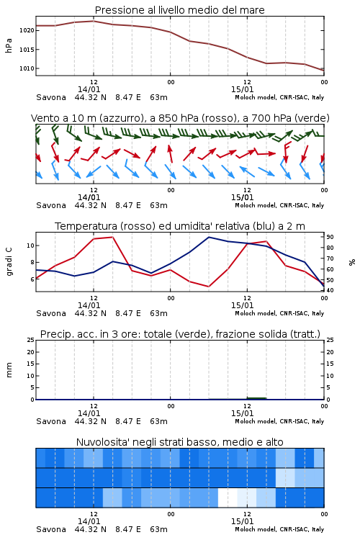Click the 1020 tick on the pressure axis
pos(27,31)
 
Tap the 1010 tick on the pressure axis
pos(27,68)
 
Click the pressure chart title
pos(180,10)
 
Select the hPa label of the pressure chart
pos(9,45)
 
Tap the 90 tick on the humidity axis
pos(330,237)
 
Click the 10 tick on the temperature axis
pos(30,246)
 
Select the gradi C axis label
pos(9,262)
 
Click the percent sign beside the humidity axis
pos(352,262)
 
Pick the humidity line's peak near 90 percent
pos(209,238)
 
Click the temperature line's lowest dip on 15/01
pos(208,287)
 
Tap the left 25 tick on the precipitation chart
pos(31,340)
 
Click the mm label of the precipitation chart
pos(9,370)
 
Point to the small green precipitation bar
pos(256,398)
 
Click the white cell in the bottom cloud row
pos(228,498)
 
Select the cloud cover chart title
pos(180,442)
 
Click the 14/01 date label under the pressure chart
pos(89,89)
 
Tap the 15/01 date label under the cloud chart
pos(242,521)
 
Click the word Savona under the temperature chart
pos(51,313)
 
